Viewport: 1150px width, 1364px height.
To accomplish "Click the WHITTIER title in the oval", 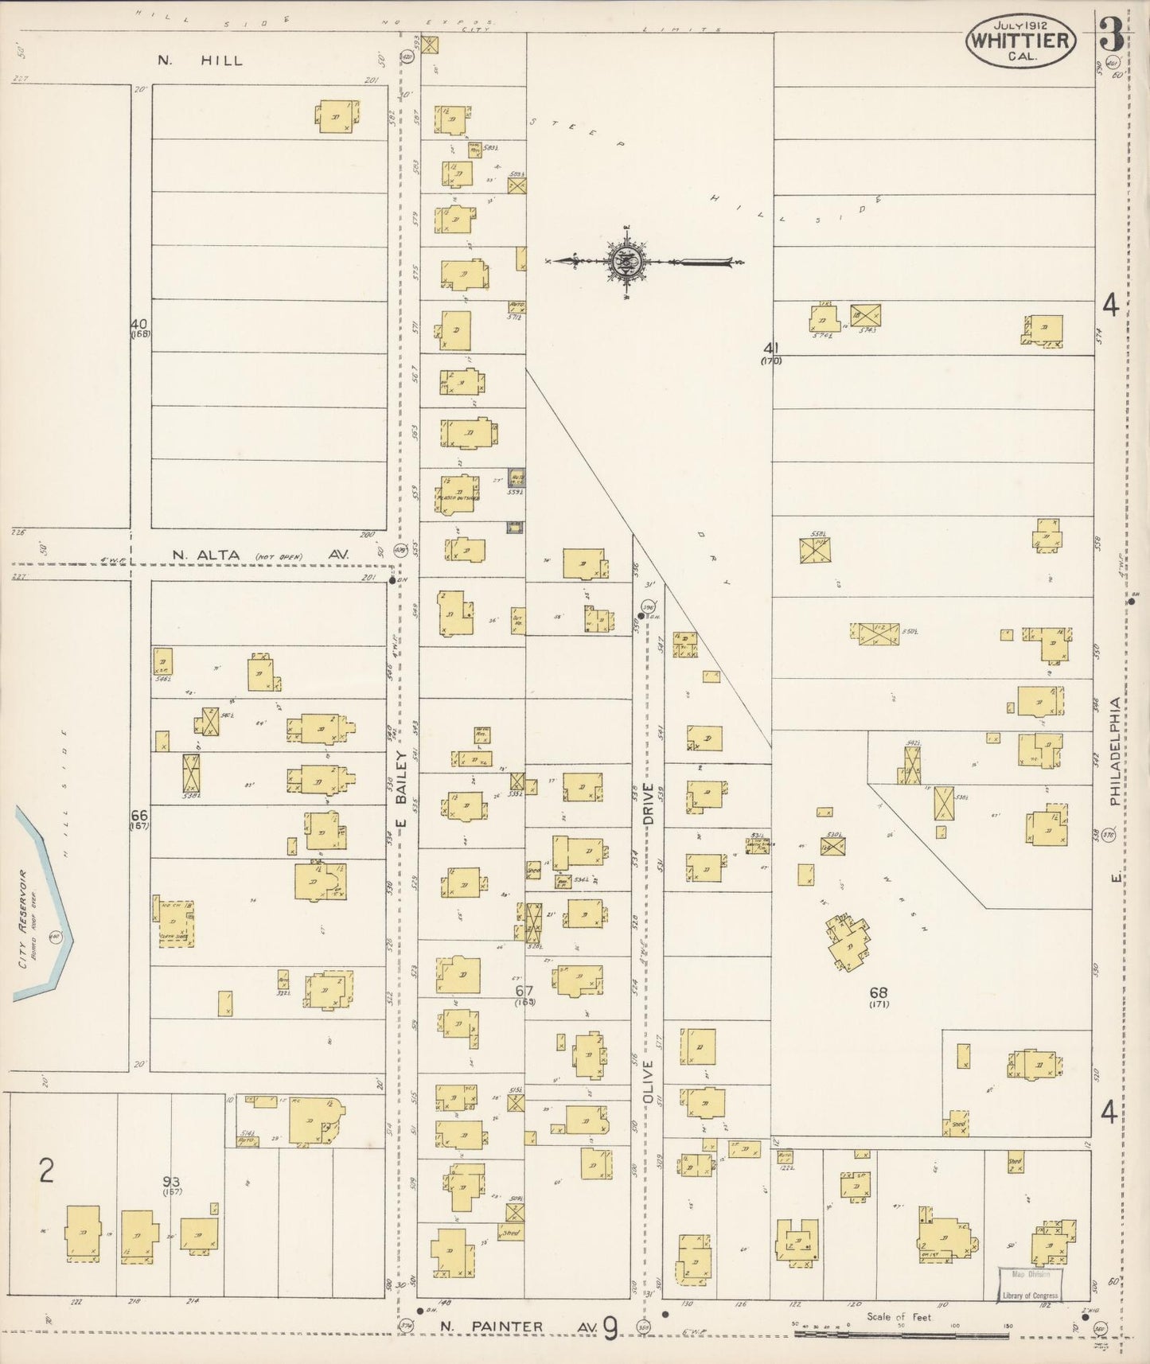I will pyautogui.click(x=1021, y=40).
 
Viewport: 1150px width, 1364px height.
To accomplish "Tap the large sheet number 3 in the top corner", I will pyautogui.click(x=1110, y=36).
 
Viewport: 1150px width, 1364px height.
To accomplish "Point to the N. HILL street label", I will pyautogui.click(x=200, y=60).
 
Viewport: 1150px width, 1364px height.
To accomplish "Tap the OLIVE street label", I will pyautogui.click(x=648, y=1081).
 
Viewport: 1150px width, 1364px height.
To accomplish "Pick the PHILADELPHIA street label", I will pyautogui.click(x=1116, y=751).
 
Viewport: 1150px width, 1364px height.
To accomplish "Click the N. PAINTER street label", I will pyautogui.click(x=492, y=1326).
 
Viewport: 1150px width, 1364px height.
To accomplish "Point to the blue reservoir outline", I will pyautogui.click(x=48, y=907).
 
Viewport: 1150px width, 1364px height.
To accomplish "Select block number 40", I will pyautogui.click(x=139, y=324).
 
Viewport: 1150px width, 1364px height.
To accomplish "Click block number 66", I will pyautogui.click(x=139, y=816).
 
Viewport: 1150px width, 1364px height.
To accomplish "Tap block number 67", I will pyautogui.click(x=524, y=991).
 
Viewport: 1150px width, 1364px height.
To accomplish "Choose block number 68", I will pyautogui.click(x=878, y=992).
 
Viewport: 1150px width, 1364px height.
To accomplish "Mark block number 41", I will pyautogui.click(x=770, y=348).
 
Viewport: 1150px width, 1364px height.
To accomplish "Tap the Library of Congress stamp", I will pyautogui.click(x=1030, y=1284).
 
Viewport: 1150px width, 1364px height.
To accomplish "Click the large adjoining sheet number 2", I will pyautogui.click(x=47, y=1171).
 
